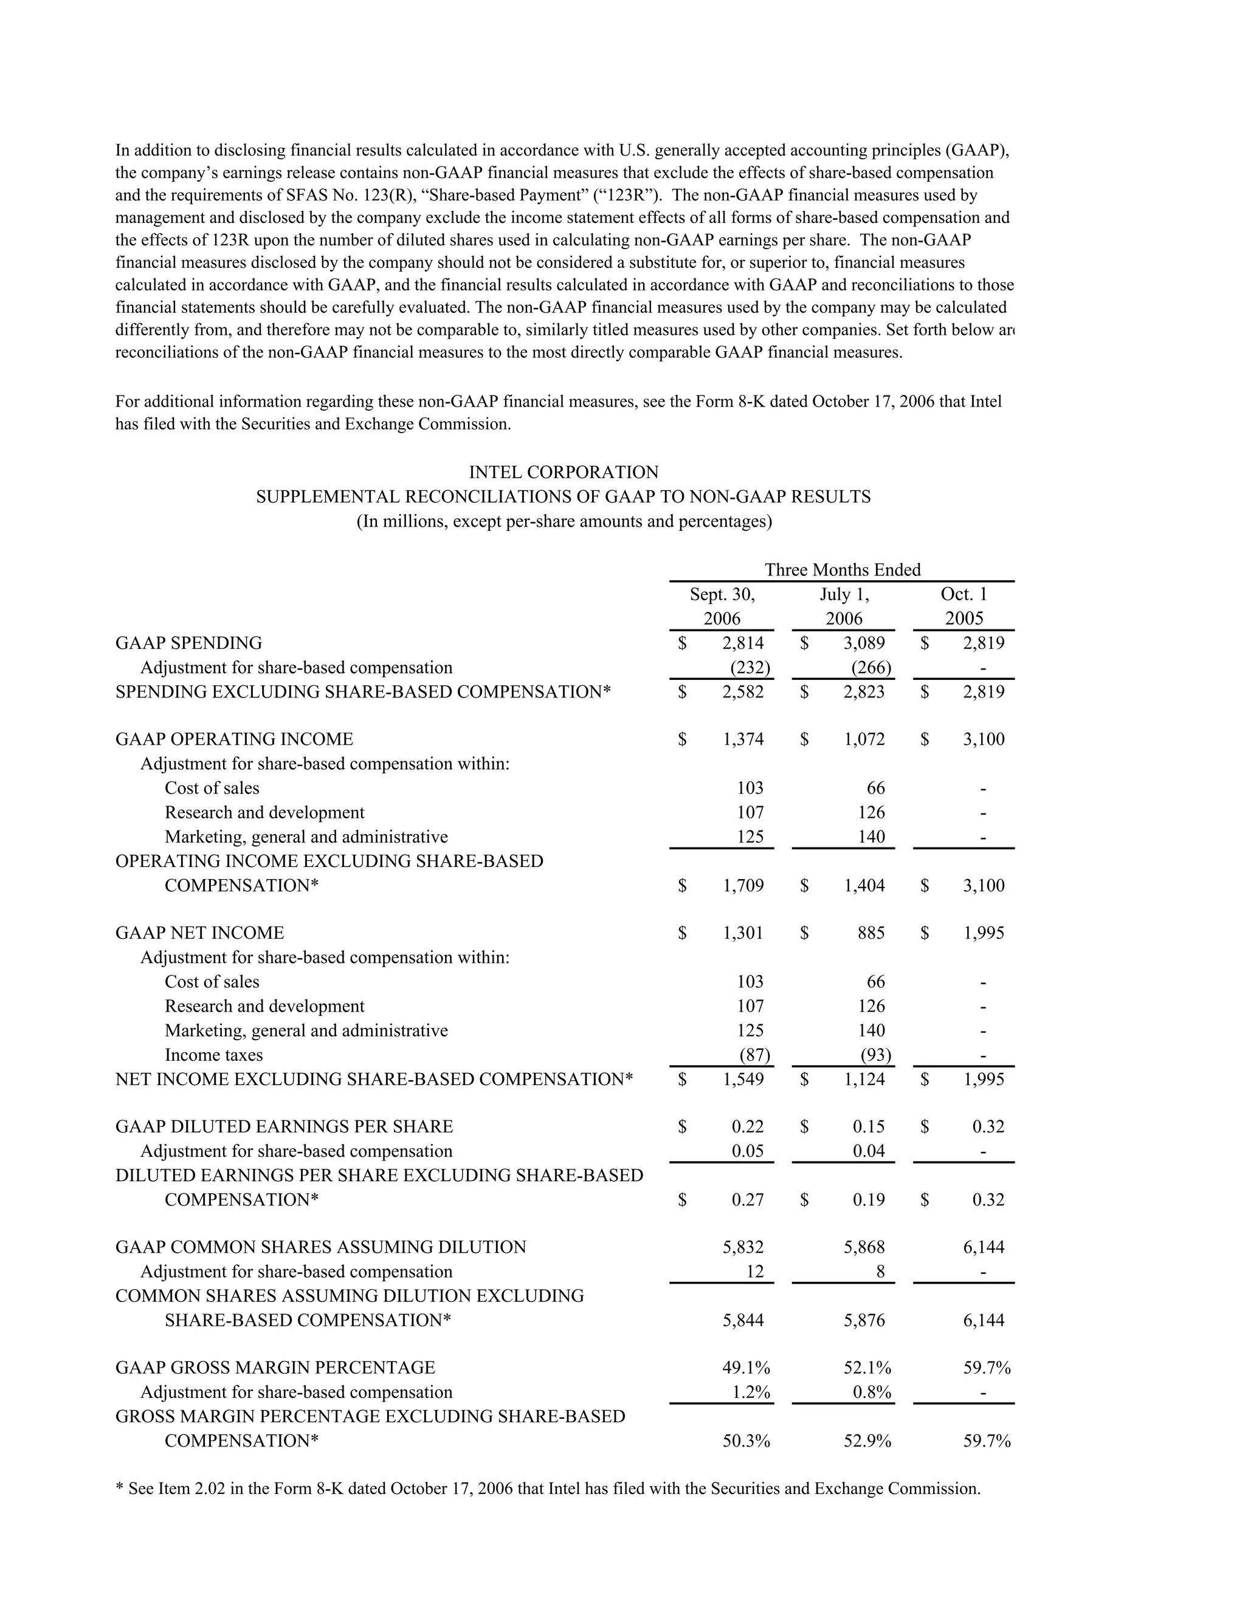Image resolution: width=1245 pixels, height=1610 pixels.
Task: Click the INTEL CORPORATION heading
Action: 564,472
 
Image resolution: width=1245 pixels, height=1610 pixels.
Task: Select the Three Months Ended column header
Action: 843,570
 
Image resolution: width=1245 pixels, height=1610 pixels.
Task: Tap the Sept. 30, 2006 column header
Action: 722,606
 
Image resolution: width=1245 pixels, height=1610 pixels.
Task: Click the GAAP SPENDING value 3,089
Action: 864,643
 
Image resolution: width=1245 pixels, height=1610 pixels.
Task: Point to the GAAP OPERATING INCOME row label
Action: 235,739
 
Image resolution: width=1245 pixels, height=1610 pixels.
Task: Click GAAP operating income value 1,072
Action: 864,739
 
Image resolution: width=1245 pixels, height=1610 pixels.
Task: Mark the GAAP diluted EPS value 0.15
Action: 869,1126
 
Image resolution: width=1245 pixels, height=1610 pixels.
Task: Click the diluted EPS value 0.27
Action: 748,1199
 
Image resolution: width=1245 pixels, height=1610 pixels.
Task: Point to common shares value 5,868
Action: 864,1247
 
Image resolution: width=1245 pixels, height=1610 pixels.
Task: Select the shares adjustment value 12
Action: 755,1272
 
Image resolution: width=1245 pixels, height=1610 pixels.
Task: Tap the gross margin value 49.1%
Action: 747,1368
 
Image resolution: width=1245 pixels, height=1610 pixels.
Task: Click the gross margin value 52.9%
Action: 867,1440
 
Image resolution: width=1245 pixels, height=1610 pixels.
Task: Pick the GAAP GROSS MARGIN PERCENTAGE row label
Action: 275,1368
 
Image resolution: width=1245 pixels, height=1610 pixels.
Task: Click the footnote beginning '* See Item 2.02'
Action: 548,1488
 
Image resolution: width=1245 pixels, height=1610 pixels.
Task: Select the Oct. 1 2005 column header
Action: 964,606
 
